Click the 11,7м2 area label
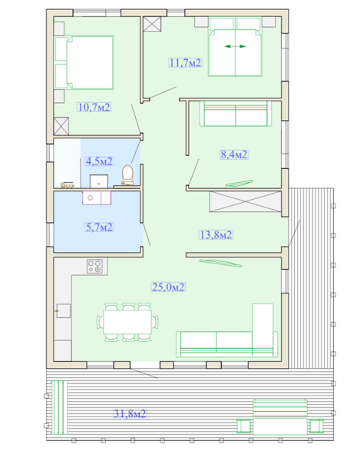point(185,63)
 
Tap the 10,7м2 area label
point(94,108)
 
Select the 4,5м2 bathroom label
point(99,161)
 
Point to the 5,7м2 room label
point(99,227)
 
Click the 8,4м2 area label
point(234,154)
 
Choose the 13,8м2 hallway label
point(216,235)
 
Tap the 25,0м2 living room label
point(168,287)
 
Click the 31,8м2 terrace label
point(130,414)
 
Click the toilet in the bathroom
point(127,175)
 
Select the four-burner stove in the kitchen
point(94,266)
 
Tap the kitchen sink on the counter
point(63,310)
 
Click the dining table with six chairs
point(127,322)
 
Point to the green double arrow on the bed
point(235,46)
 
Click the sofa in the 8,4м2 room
point(235,114)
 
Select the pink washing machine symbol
point(97,197)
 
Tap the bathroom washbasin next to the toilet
point(99,181)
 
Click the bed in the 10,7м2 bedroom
point(84,62)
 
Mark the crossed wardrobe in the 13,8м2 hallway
point(246,201)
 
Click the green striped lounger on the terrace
point(59,407)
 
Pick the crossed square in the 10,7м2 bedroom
point(61,126)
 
